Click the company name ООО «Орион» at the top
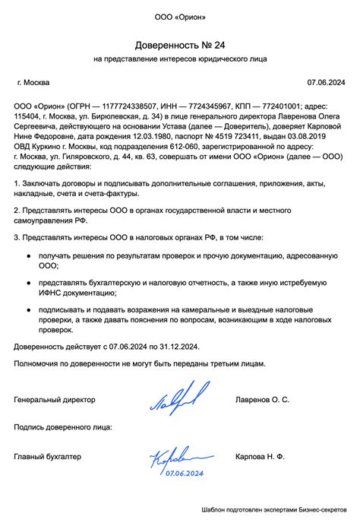[x=179, y=16]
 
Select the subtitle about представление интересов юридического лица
[x=179, y=59]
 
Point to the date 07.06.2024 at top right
[x=326, y=82]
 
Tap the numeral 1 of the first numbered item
[x=17, y=183]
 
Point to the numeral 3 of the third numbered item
[x=17, y=239]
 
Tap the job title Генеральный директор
[x=55, y=398]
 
